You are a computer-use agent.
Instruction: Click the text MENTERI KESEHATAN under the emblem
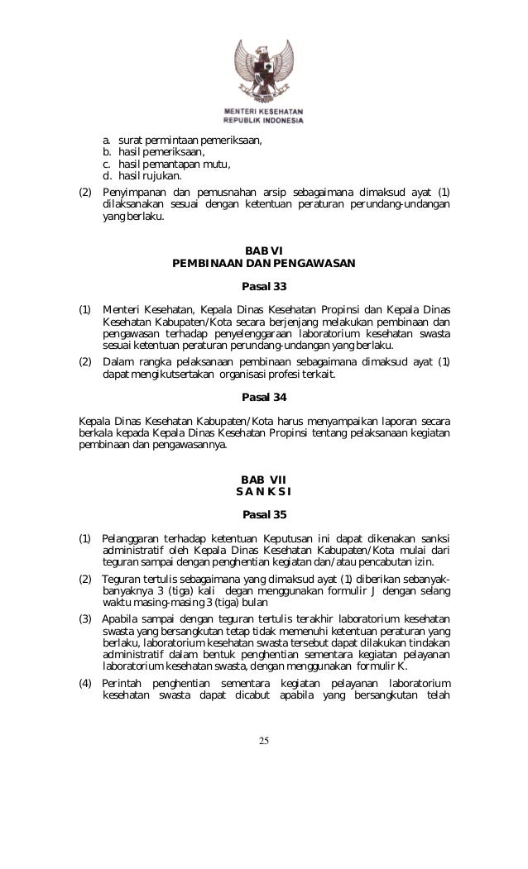point(263,110)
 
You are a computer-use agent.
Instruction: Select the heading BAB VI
point(263,251)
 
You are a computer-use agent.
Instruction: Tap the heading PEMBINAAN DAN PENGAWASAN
point(263,264)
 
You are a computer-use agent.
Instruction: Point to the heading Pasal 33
point(263,287)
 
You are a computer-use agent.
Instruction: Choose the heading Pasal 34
point(263,396)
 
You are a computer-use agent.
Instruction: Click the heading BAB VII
point(263,480)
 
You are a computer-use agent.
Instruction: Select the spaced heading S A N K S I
point(263,492)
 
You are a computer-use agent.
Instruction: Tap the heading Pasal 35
point(263,515)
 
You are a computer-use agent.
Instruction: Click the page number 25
point(263,738)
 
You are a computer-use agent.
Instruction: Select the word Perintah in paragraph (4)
point(123,683)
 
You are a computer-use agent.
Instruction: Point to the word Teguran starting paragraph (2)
point(123,579)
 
